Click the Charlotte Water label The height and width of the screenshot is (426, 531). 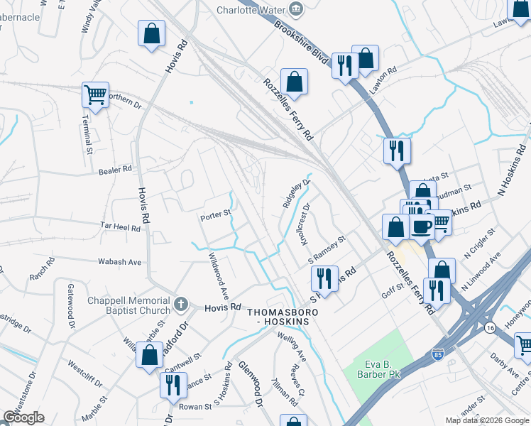tap(252, 10)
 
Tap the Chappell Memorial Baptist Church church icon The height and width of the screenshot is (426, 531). tap(181, 305)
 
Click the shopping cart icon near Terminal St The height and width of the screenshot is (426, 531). tap(94, 94)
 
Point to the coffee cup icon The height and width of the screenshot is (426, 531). tap(422, 226)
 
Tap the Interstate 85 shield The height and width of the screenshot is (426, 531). tap(436, 353)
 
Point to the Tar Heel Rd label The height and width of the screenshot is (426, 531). tap(119, 226)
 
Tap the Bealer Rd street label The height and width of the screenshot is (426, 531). tap(116, 170)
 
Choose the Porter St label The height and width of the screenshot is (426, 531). tap(216, 213)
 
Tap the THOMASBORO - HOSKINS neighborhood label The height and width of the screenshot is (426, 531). tap(283, 317)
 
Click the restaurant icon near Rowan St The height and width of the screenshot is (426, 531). tap(173, 386)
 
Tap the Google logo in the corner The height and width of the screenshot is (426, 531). tap(23, 417)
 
